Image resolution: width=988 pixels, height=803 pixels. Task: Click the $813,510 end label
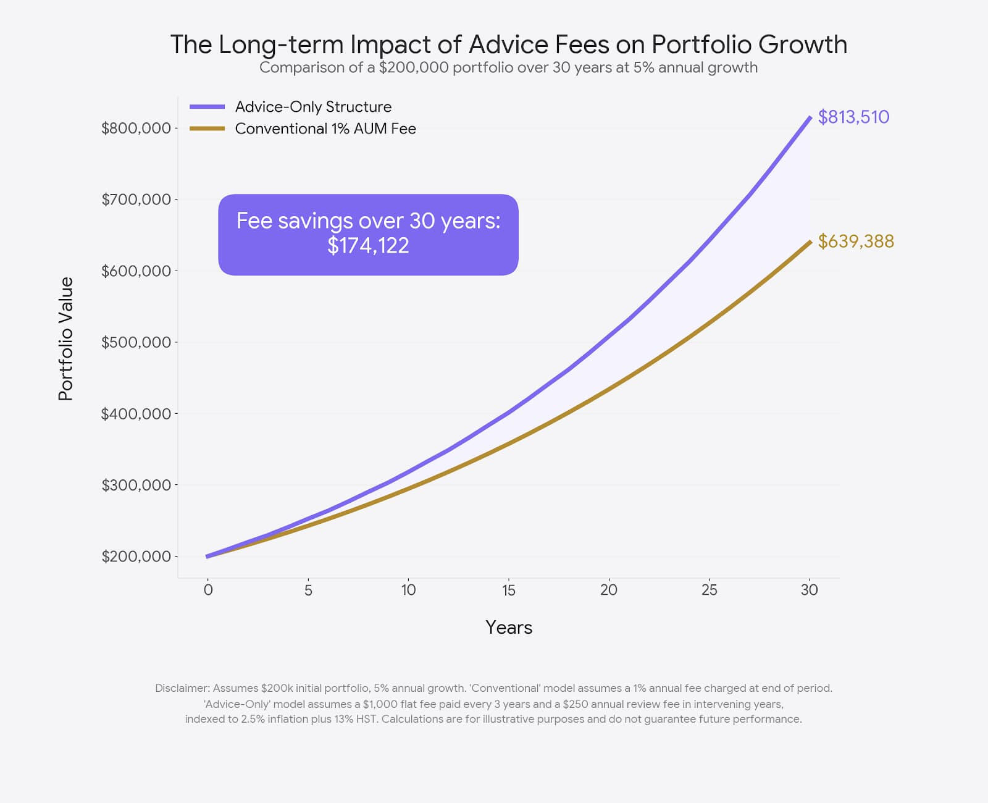pyautogui.click(x=853, y=117)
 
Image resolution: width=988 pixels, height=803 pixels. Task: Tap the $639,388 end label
pyautogui.click(x=856, y=241)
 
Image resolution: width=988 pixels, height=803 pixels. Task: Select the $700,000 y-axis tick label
pyautogui.click(x=136, y=199)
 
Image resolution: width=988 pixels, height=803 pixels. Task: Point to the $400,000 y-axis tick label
pyautogui.click(x=136, y=413)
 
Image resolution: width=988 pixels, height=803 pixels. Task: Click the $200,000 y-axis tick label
pyautogui.click(x=136, y=556)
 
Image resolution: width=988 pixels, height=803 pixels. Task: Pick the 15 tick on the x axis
pyautogui.click(x=508, y=590)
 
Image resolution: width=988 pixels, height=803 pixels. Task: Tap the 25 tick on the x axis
pyautogui.click(x=709, y=590)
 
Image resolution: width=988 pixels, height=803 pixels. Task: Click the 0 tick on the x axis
pyautogui.click(x=208, y=590)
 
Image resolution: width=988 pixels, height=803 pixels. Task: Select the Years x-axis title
pyautogui.click(x=508, y=628)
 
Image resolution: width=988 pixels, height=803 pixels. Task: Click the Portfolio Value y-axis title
pyautogui.click(x=65, y=338)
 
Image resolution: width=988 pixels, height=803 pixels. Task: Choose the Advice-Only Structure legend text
pyautogui.click(x=313, y=107)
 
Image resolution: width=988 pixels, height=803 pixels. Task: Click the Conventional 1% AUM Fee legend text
pyautogui.click(x=325, y=128)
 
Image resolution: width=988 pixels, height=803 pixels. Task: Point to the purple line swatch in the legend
pyautogui.click(x=207, y=107)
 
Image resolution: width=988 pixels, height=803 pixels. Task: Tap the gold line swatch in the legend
pyautogui.click(x=207, y=128)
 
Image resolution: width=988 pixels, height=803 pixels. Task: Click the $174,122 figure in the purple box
pyautogui.click(x=368, y=246)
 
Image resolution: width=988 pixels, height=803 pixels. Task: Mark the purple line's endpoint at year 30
pyautogui.click(x=810, y=117)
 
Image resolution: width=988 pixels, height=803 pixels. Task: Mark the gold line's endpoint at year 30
pyautogui.click(x=810, y=242)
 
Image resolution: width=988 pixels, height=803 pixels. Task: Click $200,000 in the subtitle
pyautogui.click(x=414, y=67)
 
